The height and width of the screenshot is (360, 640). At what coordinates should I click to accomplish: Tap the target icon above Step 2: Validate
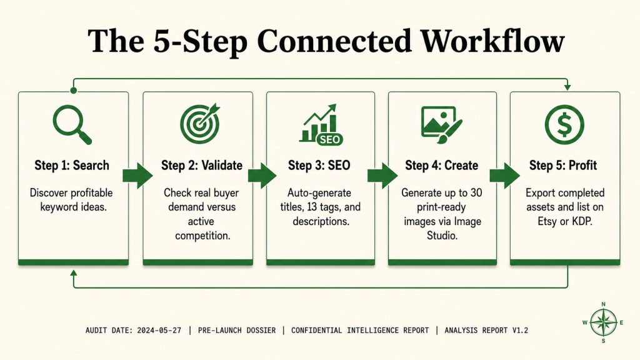(x=200, y=123)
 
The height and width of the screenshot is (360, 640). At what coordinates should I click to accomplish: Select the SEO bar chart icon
(x=321, y=124)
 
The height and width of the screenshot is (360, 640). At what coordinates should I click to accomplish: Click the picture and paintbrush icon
(x=441, y=124)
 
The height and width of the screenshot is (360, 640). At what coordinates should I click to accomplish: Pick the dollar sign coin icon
(x=564, y=124)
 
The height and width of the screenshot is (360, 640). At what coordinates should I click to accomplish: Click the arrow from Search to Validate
(x=137, y=176)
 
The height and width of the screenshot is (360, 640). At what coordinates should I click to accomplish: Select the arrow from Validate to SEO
(x=262, y=176)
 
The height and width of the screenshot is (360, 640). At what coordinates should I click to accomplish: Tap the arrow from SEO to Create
(x=382, y=176)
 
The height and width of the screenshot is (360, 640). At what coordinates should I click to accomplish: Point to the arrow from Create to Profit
(x=504, y=176)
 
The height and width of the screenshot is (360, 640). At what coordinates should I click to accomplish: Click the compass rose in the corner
(x=604, y=322)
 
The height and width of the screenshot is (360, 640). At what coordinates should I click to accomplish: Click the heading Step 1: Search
(x=72, y=165)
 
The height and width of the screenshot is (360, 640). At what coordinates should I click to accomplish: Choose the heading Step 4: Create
(x=442, y=165)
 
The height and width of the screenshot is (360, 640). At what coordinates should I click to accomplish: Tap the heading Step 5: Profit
(x=563, y=165)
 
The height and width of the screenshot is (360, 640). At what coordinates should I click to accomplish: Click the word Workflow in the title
(x=492, y=41)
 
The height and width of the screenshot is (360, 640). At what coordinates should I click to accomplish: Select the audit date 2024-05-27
(x=159, y=330)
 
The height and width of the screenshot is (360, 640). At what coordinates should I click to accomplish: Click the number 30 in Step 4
(x=476, y=192)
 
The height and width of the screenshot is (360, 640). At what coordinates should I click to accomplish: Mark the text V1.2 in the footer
(x=520, y=330)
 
